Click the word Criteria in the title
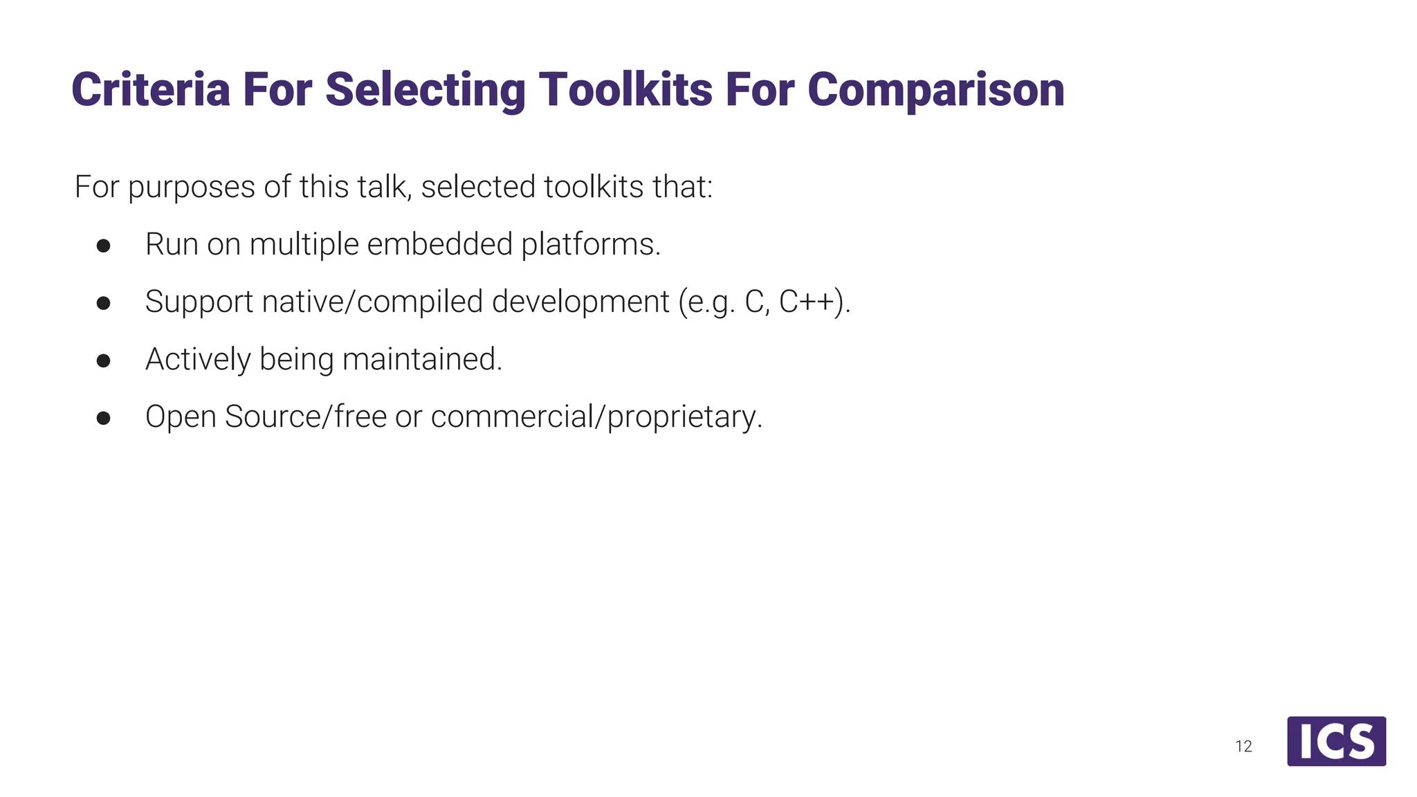tap(150, 90)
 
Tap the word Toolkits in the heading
tap(625, 90)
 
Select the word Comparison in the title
tap(935, 90)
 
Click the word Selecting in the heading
tap(425, 90)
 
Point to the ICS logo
tap(1336, 741)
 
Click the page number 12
tap(1243, 746)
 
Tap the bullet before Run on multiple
tap(104, 246)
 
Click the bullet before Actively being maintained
tap(104, 360)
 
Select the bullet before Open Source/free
tap(104, 418)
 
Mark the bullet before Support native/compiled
tap(104, 303)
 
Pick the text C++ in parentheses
tap(810, 302)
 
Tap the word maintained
tap(421, 359)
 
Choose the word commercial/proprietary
tap(596, 416)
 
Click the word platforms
tap(590, 244)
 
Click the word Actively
tap(198, 359)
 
